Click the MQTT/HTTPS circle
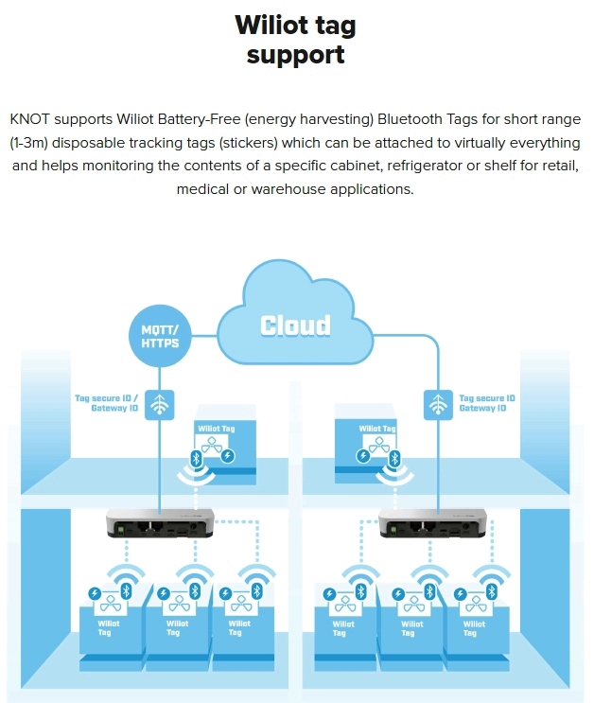click(x=161, y=337)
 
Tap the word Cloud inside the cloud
click(x=296, y=326)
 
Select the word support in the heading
click(x=296, y=54)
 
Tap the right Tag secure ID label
click(x=488, y=403)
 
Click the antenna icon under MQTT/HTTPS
click(x=161, y=404)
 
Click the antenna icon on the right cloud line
click(x=437, y=404)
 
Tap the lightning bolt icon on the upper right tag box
click(x=365, y=457)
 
